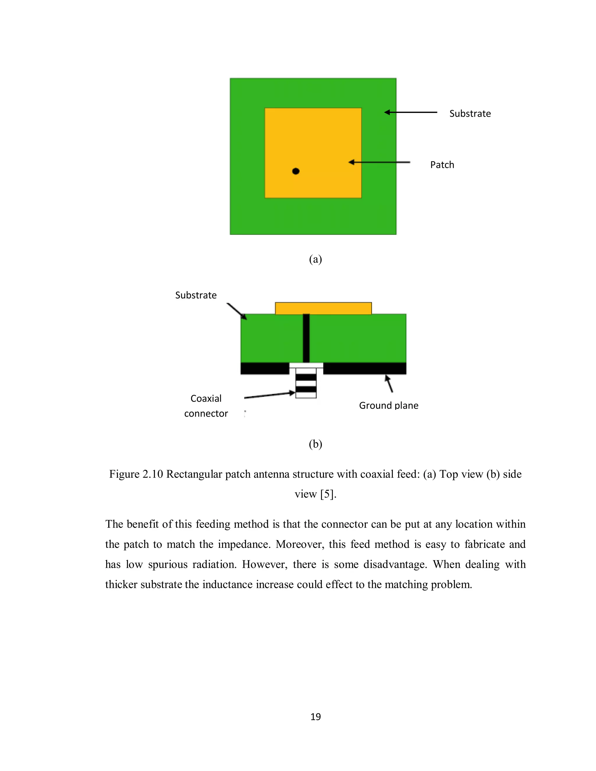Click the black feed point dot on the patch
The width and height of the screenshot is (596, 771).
point(296,171)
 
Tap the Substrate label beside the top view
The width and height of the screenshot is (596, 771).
point(470,114)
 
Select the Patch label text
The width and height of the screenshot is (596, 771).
point(442,165)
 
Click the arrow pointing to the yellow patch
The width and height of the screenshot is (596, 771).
point(379,162)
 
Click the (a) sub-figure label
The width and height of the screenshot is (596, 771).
point(315,260)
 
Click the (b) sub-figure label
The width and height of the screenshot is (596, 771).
point(315,444)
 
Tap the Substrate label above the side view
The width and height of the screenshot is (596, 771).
point(196,295)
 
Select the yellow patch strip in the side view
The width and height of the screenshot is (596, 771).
point(323,308)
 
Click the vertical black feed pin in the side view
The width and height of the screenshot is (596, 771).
point(306,338)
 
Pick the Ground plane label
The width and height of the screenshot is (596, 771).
point(389,405)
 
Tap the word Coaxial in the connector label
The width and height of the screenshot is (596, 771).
point(206,399)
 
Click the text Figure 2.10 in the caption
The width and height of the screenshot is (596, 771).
point(136,474)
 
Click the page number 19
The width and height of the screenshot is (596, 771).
point(315,717)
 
